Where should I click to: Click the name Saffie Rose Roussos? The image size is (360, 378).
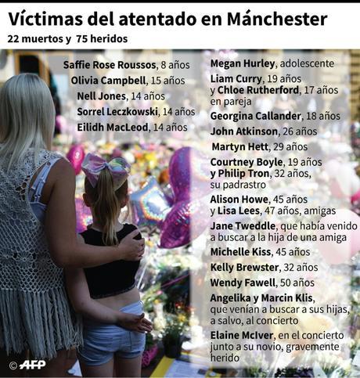point(110,65)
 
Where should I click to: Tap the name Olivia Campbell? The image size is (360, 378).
point(108,80)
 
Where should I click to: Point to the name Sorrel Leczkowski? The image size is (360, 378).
point(117,111)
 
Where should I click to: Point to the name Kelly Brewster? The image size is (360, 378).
point(245,267)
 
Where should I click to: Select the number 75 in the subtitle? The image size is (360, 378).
point(84,38)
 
